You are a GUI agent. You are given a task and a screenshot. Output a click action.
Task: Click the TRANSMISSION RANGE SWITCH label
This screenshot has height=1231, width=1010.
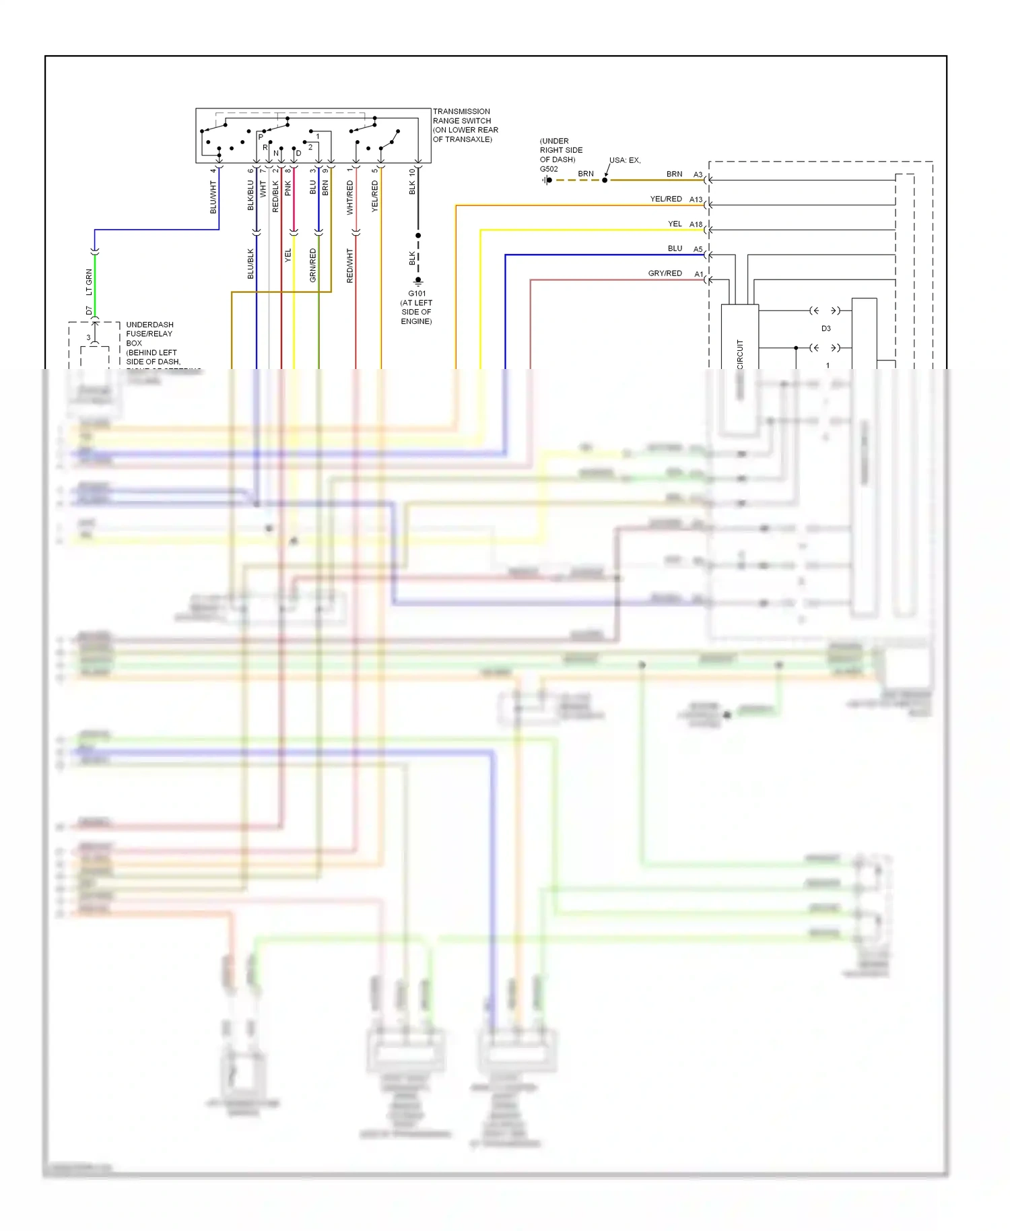coord(465,125)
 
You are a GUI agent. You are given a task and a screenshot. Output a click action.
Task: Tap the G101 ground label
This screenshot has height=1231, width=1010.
coord(417,294)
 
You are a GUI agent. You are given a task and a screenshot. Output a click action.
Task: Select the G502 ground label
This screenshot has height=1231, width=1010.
coord(549,169)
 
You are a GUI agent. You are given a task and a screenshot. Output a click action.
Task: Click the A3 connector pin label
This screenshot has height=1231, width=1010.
coord(698,174)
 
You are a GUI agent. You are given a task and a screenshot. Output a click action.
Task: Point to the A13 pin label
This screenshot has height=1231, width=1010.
coord(696,199)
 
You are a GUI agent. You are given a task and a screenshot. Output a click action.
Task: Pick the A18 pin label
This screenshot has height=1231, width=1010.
coord(696,224)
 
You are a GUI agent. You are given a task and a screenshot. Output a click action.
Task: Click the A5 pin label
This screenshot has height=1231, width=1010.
coord(698,249)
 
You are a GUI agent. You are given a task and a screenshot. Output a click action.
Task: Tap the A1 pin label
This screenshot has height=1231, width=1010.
coord(699,274)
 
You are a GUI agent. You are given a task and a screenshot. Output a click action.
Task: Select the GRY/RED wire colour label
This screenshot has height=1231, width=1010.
coord(665,273)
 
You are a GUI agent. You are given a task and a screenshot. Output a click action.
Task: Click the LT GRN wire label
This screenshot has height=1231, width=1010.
coord(89,282)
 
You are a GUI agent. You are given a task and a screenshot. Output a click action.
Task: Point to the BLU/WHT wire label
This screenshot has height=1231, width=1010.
coord(213,197)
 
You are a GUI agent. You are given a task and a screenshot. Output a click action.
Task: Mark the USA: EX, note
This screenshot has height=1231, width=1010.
coord(625,160)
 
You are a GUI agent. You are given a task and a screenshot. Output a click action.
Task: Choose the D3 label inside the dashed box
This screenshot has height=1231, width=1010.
coord(826,329)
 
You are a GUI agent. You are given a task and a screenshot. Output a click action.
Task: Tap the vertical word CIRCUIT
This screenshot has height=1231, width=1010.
coord(740,354)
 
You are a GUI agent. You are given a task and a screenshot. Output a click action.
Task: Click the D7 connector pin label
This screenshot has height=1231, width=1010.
coord(89,310)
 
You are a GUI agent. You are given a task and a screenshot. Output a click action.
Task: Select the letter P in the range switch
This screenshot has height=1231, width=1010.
coord(261,137)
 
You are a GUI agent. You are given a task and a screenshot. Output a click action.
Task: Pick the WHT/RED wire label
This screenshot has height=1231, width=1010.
coord(350,197)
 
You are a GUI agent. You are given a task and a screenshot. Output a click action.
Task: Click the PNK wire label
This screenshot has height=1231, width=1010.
coord(288,188)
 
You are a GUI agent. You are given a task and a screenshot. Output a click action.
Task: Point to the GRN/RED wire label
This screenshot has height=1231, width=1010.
coord(313,265)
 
